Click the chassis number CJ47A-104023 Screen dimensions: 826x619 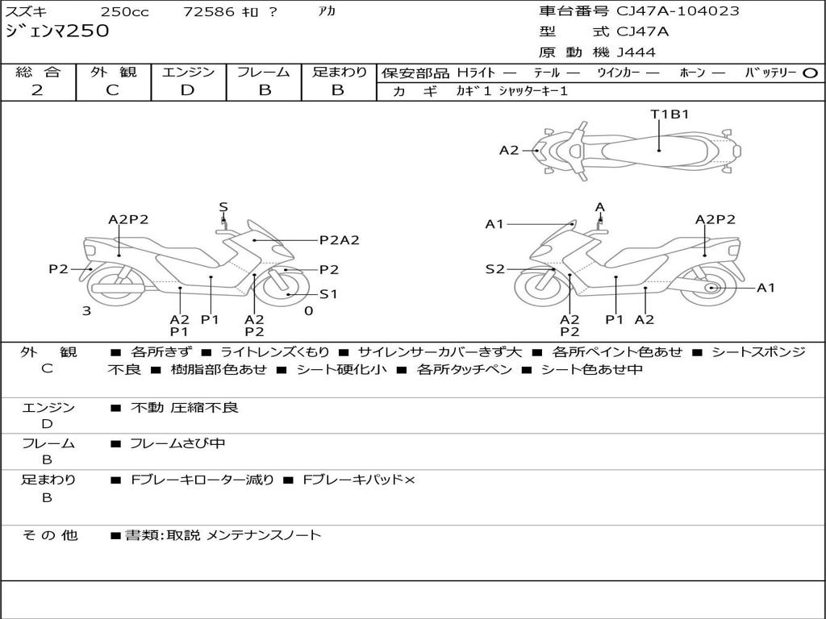678,11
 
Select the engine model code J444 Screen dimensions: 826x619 636,52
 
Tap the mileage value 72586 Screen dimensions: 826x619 209,12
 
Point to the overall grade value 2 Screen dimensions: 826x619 37,90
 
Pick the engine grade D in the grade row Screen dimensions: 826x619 188,90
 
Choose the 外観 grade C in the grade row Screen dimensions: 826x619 112,90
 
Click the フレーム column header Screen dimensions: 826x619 263,73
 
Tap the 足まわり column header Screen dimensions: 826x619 339,73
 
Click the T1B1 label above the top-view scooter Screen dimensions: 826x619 670,114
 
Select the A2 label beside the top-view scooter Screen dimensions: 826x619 509,150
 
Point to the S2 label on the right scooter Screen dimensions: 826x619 494,269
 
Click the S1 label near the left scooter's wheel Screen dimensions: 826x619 328,294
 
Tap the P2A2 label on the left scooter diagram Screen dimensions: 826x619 339,239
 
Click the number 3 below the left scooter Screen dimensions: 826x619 86,310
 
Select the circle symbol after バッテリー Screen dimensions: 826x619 810,73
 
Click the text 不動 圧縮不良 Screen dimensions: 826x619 185,408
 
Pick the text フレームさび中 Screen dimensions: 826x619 177,443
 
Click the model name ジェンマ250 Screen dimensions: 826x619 56,32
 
